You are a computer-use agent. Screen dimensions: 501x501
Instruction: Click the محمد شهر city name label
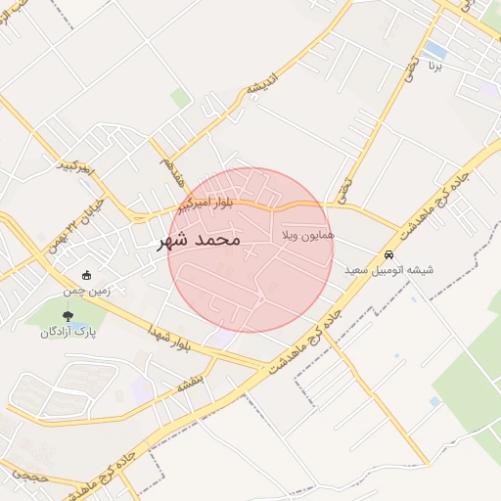point(200,240)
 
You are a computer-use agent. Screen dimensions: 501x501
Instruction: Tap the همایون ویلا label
point(308,236)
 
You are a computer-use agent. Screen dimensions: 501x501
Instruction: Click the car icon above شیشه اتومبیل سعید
point(388,254)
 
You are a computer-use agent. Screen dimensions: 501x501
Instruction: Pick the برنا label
point(434,67)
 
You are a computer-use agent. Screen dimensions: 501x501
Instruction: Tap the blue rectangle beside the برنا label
point(436,49)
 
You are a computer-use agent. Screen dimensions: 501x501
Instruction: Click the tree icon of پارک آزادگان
point(68,316)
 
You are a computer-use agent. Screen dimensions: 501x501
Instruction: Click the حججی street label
point(29,474)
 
